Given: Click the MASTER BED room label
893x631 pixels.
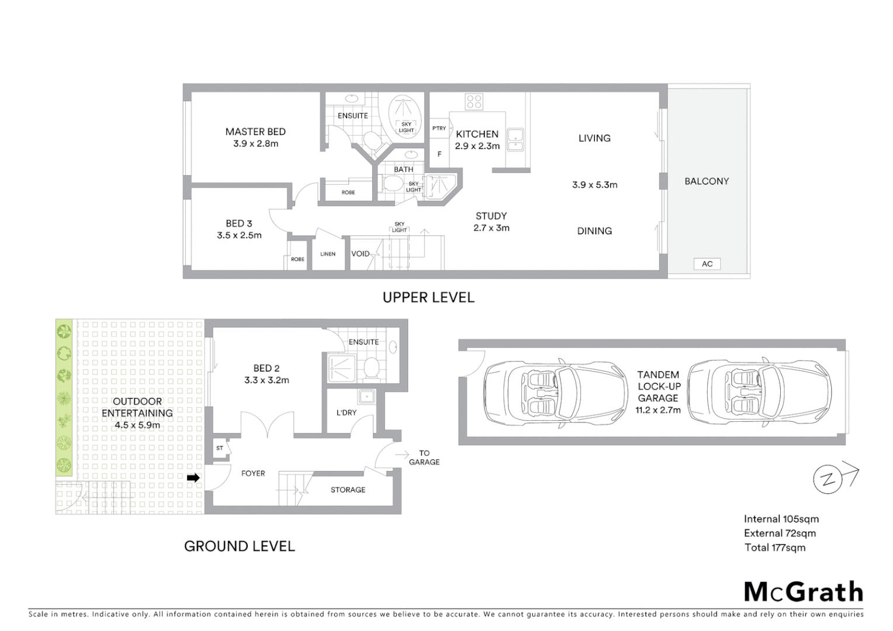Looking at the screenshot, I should point(255,132).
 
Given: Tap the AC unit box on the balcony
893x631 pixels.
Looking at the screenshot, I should point(707,264).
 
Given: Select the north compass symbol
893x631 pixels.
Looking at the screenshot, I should point(829,480).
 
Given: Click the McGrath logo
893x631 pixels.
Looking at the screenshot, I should point(803,592).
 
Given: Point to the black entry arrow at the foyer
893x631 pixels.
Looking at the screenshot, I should point(193,478).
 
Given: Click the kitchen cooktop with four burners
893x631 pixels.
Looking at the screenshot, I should point(474,102).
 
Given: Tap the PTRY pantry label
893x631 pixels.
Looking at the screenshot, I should point(439,129).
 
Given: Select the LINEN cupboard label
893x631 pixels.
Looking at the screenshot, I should point(328,254).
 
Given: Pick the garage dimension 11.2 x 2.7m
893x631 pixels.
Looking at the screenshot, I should point(658,410).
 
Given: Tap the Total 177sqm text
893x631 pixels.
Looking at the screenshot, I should point(774,547).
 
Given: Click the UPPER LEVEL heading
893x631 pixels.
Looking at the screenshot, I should point(428,297).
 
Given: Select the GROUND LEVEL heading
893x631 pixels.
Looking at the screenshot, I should point(240,546).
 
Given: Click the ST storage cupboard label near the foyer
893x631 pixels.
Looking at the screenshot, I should point(220,448).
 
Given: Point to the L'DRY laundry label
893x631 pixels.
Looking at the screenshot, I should point(347,412).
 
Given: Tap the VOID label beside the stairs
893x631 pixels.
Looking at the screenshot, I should point(360,254).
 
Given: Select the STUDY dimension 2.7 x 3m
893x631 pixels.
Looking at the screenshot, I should point(491,228).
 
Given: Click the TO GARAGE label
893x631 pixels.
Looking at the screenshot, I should point(424,457).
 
